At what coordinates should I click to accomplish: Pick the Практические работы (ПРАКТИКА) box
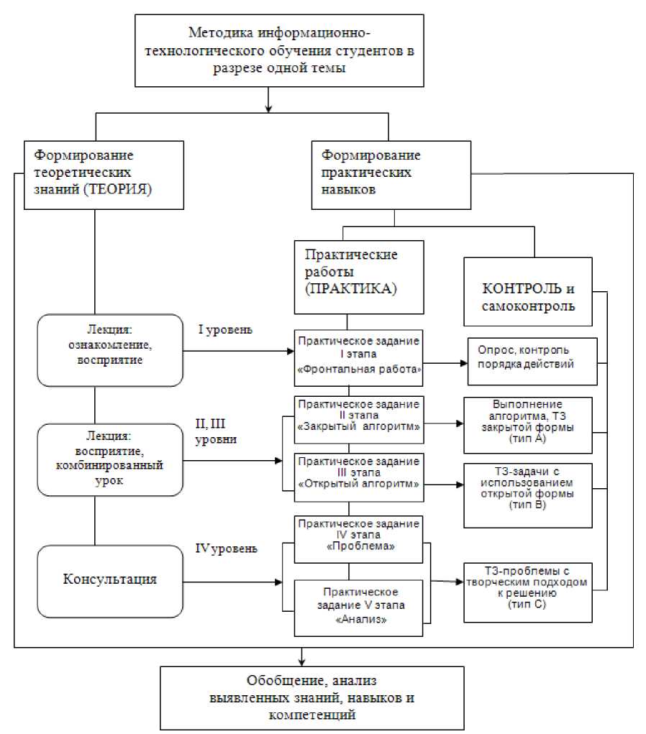pyautogui.click(x=348, y=277)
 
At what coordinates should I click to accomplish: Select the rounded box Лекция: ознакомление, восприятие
pyautogui.click(x=109, y=349)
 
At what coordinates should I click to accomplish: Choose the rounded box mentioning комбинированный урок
pyautogui.click(x=109, y=459)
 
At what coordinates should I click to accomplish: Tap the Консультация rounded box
pyautogui.click(x=109, y=579)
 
